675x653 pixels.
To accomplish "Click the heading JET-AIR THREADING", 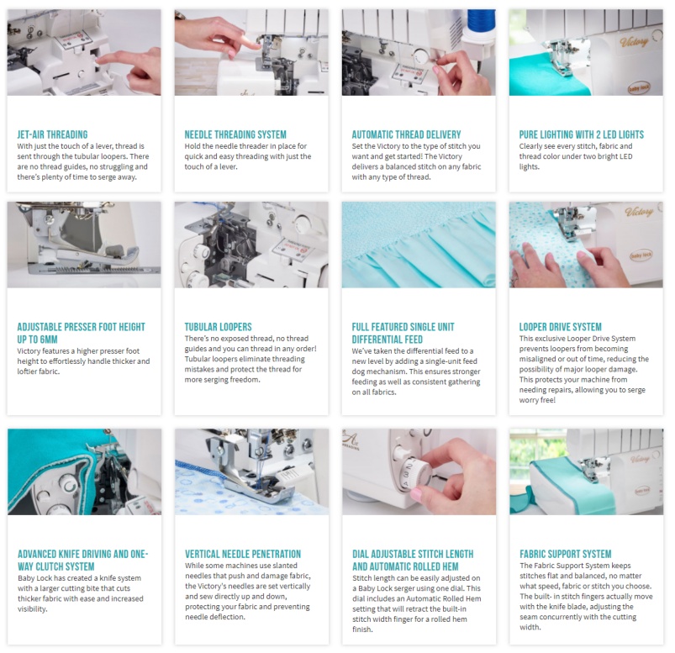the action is point(52,134).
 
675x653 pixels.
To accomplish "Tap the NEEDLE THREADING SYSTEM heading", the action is point(235,134).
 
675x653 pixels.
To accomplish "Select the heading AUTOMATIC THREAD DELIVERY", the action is point(406,134).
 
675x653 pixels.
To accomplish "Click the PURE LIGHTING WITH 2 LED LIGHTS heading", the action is point(582,134).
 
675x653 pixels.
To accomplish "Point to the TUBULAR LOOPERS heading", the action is point(219,327).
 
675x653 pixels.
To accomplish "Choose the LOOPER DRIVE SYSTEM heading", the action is point(561,327).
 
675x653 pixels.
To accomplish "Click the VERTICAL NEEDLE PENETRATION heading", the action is point(243,554).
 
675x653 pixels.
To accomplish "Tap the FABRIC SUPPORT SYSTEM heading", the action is point(566,554).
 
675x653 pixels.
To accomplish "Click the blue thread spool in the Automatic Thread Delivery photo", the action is point(482,25).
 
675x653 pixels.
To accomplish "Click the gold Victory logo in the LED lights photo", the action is point(634,42).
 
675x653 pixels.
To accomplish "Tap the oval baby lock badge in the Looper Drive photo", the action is point(641,255).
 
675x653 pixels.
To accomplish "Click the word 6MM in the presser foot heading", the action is point(48,340).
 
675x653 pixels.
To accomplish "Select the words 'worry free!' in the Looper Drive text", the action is point(537,400).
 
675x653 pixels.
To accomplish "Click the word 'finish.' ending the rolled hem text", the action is point(363,629).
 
